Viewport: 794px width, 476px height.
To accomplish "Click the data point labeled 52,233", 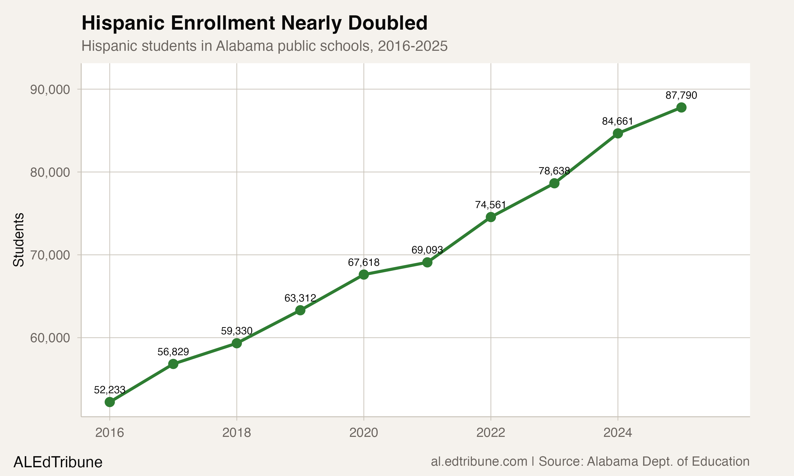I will (110, 402).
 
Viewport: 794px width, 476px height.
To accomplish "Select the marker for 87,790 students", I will (681, 107).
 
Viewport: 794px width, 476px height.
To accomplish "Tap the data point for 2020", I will (364, 274).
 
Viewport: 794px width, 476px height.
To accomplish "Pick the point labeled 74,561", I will (491, 217).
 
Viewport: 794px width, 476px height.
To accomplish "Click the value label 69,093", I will (427, 250).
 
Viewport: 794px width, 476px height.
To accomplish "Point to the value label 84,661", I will (617, 121).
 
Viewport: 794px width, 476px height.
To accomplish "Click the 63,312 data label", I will (300, 298).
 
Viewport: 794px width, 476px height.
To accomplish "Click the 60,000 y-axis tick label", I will (50, 338).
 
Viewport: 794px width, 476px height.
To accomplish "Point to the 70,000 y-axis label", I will (50, 255).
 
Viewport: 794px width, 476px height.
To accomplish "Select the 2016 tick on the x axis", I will (110, 433).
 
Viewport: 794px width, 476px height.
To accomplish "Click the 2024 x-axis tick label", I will (617, 433).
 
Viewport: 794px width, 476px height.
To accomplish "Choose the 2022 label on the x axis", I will (491, 433).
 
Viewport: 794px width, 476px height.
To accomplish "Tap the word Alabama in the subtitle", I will (245, 46).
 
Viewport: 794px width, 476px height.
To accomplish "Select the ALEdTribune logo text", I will (58, 462).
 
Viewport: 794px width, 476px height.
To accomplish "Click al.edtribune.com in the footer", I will (479, 461).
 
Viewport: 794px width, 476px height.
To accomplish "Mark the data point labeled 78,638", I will (554, 184).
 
